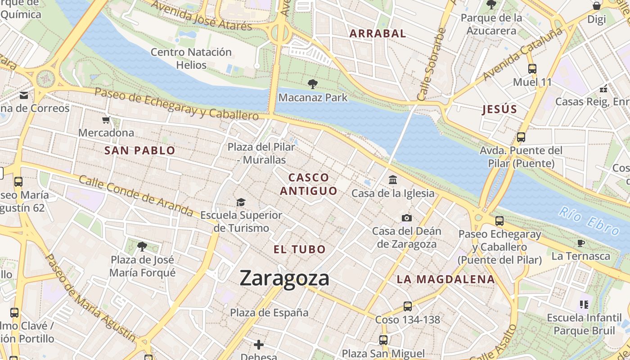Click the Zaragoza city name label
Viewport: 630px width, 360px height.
(x=284, y=278)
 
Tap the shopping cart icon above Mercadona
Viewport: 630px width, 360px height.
(x=106, y=120)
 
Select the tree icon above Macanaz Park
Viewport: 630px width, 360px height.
(x=312, y=84)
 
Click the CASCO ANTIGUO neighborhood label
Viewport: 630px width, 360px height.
(x=309, y=184)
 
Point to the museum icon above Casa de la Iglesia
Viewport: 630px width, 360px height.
(x=393, y=180)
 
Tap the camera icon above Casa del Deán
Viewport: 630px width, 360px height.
(x=406, y=218)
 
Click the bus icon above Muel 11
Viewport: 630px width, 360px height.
(x=532, y=69)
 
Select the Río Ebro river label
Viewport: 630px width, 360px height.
(x=589, y=220)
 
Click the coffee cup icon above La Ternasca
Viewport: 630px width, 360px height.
(x=581, y=243)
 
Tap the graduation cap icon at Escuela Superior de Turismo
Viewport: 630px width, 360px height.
(x=241, y=202)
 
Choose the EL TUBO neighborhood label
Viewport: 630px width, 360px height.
(x=300, y=249)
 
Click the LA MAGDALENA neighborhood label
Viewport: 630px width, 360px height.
(x=445, y=279)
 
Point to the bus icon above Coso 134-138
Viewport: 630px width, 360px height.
(x=407, y=306)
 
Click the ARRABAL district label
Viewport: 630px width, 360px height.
(x=378, y=33)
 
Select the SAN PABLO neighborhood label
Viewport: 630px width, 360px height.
(x=139, y=151)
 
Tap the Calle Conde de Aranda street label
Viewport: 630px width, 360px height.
(x=136, y=195)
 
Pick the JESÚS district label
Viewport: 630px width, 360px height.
(x=499, y=109)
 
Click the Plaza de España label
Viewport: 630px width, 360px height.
(x=269, y=312)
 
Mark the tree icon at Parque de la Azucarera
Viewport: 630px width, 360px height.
(x=491, y=5)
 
